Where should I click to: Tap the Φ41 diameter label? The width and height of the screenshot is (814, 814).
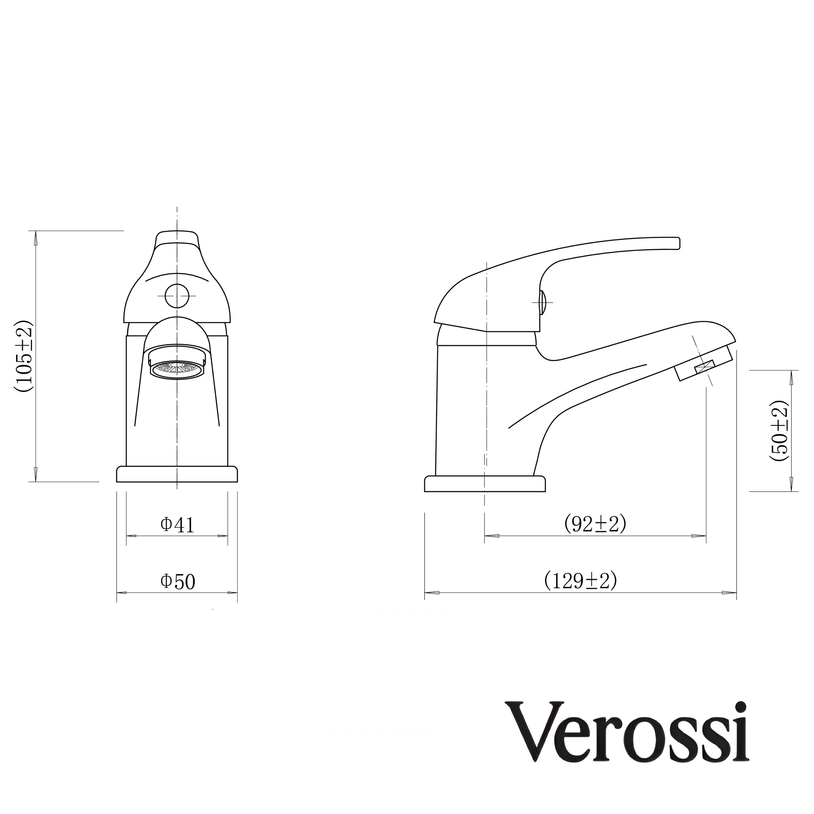pyautogui.click(x=177, y=525)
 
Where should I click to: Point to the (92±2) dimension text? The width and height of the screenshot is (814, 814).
pyautogui.click(x=595, y=524)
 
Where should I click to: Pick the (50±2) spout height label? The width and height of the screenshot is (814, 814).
pyautogui.click(x=778, y=431)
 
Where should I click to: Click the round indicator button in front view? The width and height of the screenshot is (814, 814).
pyautogui.click(x=177, y=296)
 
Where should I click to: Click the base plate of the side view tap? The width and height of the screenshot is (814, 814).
pyautogui.click(x=485, y=484)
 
